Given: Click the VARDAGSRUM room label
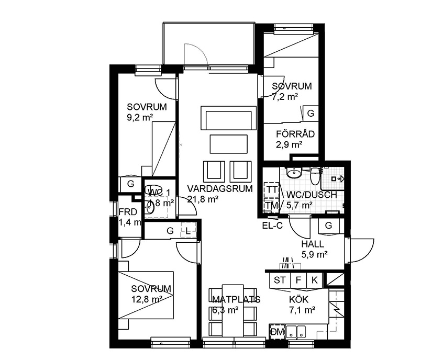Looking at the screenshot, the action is click(220, 188).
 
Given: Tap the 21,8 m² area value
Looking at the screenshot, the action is click(203, 199).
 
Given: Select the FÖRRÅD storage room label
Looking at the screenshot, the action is click(295, 134).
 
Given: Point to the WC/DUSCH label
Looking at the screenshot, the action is click(312, 195).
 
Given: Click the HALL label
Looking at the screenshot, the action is click(313, 244).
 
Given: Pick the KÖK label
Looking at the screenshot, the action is click(298, 299).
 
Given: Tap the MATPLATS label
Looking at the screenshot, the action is click(236, 299).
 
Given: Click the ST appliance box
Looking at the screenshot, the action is click(280, 280).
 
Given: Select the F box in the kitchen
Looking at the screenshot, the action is click(298, 280).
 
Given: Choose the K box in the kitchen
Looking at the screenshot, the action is click(315, 280).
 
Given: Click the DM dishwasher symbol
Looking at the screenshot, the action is click(277, 332).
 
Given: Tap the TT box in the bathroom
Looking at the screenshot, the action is click(271, 190).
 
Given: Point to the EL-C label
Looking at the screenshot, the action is click(272, 226).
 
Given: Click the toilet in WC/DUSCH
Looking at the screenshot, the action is click(315, 176).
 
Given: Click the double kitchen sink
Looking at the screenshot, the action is click(296, 332).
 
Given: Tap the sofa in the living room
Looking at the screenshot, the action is click(228, 118).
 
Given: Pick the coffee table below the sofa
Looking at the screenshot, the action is click(228, 144).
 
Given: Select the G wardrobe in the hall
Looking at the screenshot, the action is click(328, 226).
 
